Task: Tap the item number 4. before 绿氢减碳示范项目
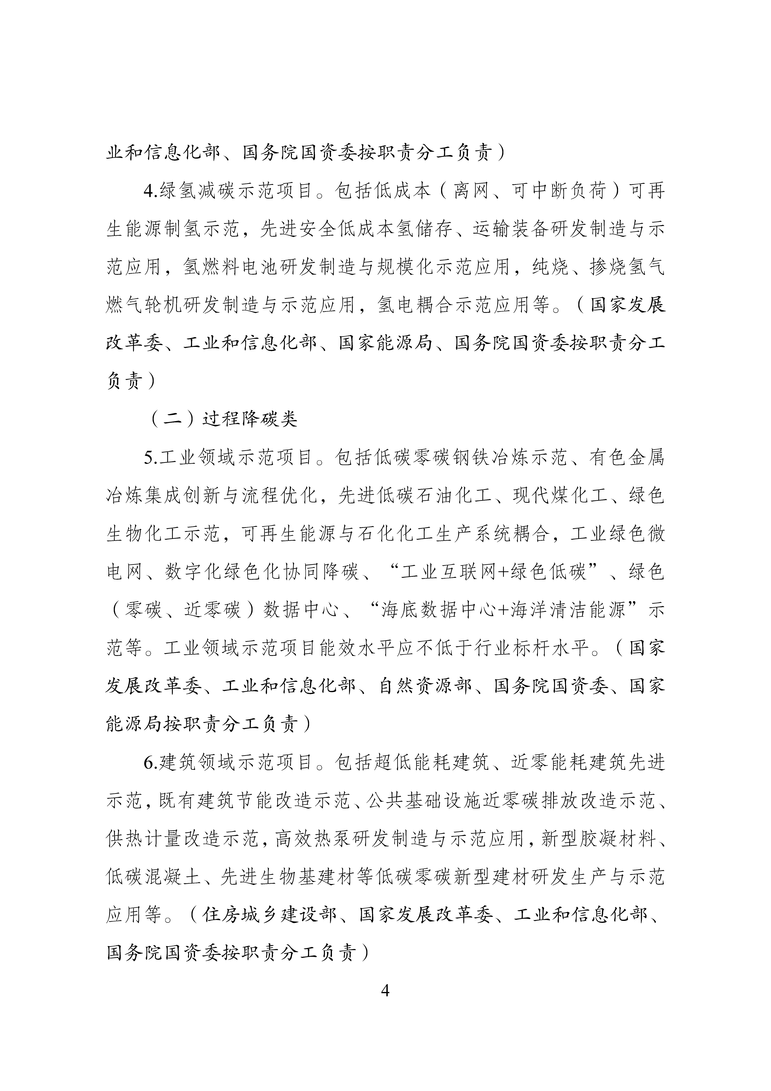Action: (x=151, y=191)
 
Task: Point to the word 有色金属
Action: (x=627, y=458)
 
